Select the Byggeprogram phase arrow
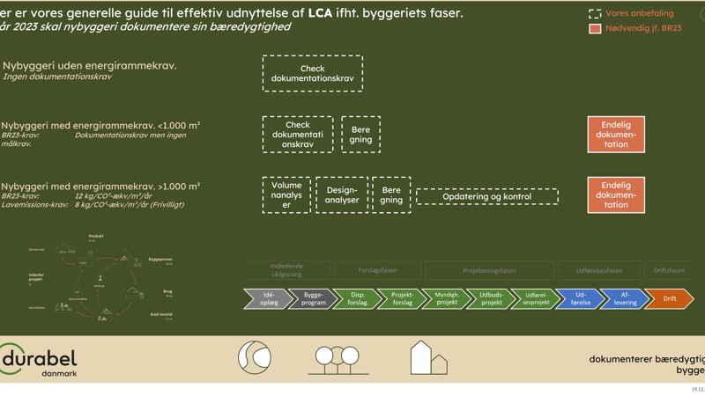point(312,299)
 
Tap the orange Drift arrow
point(670,299)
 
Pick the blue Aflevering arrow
point(625,299)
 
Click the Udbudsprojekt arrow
point(491,299)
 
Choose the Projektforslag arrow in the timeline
point(401,299)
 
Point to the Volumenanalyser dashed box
point(286,195)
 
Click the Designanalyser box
point(342,195)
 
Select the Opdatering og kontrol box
point(486,196)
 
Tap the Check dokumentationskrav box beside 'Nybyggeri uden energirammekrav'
point(312,74)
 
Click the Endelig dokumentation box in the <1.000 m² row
point(616,135)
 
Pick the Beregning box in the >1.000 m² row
point(391,195)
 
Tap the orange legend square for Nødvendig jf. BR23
point(595,28)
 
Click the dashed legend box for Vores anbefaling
point(595,13)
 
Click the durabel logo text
point(40,359)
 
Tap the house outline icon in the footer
point(427,357)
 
